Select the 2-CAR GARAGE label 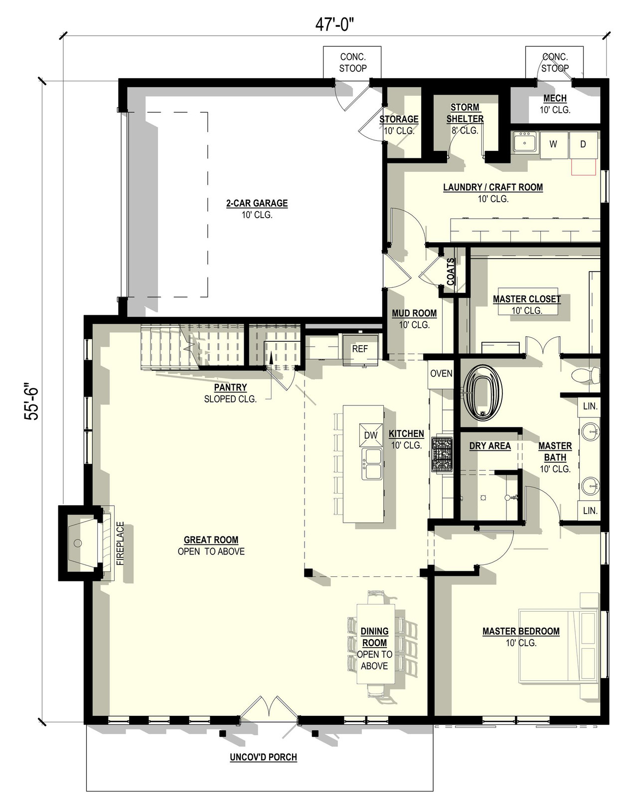point(257,203)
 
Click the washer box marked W point(553,144)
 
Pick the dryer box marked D point(583,144)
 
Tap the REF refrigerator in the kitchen point(360,349)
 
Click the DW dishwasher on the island point(370,435)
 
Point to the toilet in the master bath point(584,375)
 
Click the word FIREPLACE point(120,543)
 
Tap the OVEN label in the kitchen point(441,373)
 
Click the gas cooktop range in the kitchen point(442,455)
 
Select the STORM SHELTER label point(465,113)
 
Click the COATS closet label point(451,271)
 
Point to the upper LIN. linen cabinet point(590,406)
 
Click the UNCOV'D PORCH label point(263,757)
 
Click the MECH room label point(555,99)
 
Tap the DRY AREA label point(490,446)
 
